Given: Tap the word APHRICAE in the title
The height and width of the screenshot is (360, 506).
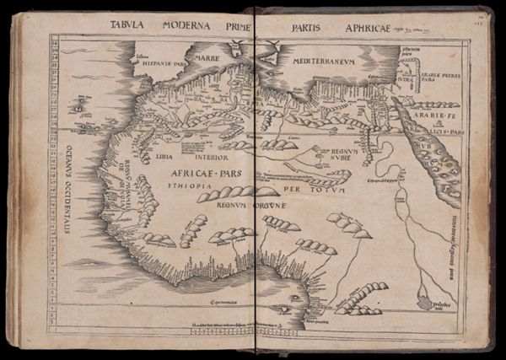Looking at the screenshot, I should click(x=374, y=27).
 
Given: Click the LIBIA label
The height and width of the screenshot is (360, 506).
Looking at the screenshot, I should click(x=164, y=156).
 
